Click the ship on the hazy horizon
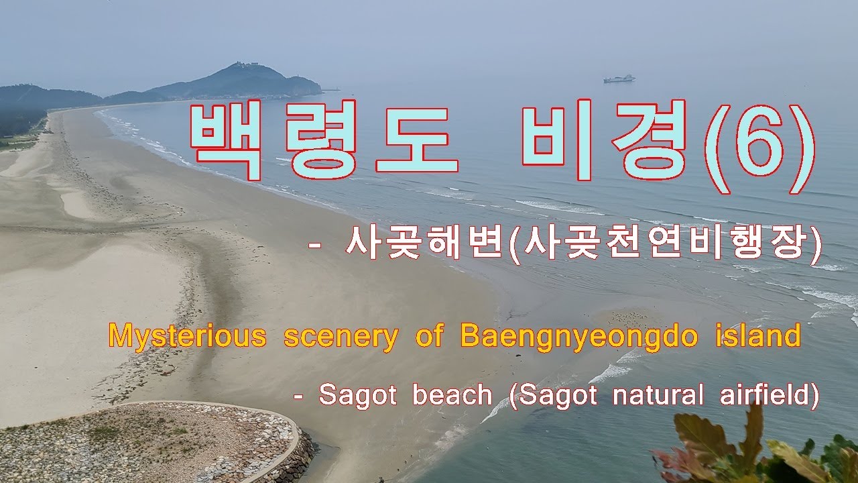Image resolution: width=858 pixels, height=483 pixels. click(619, 79)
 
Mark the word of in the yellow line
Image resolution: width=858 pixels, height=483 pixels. click(428, 335)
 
